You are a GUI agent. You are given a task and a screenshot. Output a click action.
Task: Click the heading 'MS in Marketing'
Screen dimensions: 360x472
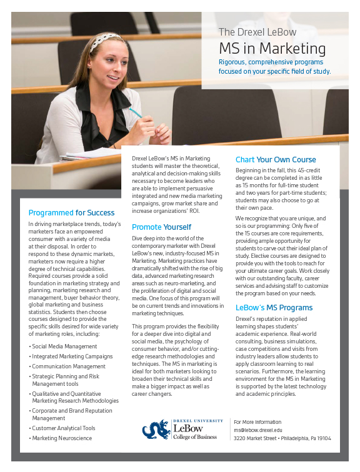coord(272,49)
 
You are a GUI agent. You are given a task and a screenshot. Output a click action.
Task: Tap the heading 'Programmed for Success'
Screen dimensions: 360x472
coord(72,213)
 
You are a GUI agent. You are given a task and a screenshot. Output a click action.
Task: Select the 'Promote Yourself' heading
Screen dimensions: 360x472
coord(161,227)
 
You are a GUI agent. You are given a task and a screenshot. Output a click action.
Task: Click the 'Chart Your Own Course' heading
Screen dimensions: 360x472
coord(276,160)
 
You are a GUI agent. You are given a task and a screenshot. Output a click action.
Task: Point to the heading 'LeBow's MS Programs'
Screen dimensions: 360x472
coord(274,308)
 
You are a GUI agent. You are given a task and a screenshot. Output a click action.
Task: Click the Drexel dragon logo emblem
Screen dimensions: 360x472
coord(156,430)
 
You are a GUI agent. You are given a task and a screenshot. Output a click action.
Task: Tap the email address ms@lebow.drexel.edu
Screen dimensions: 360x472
coord(258,430)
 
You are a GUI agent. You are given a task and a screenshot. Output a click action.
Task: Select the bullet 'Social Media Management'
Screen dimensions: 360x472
coord(64,345)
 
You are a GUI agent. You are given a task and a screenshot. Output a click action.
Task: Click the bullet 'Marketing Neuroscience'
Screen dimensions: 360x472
coord(62,438)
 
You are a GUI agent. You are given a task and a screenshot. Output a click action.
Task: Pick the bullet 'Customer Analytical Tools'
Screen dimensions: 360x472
coord(64,428)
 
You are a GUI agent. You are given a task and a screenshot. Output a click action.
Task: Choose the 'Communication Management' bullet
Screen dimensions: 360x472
coord(69,366)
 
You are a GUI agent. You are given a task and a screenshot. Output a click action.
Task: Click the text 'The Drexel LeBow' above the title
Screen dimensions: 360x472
coord(257,32)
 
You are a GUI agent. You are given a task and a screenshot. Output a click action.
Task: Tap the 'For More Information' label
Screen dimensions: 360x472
coord(257,422)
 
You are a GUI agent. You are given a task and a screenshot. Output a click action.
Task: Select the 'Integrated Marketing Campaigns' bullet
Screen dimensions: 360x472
coord(72,356)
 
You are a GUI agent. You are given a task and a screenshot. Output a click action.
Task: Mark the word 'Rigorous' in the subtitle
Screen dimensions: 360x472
coord(234,62)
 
